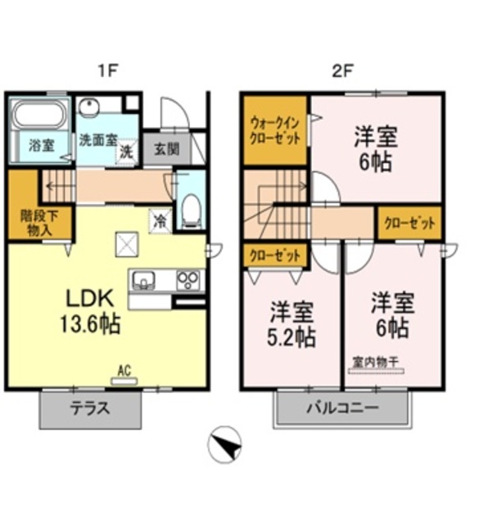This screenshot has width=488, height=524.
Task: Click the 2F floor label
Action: point(341,70)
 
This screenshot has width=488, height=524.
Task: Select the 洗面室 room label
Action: point(98,139)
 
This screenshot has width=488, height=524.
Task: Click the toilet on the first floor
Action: point(191,212)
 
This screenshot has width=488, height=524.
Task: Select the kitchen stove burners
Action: point(190,280)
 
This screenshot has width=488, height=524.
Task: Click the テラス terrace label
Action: point(89,409)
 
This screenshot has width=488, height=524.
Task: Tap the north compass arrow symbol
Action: point(228,446)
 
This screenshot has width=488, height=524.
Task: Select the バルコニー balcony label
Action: point(342,408)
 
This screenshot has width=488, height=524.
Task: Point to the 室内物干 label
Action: point(375,361)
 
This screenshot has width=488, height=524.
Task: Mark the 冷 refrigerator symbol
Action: point(160,220)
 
